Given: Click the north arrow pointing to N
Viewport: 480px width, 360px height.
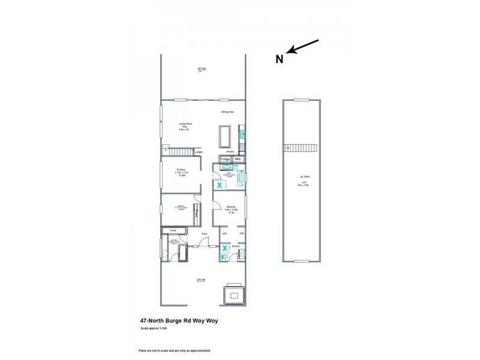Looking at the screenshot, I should coord(303,46).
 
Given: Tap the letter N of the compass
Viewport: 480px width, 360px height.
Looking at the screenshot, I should coord(280,59).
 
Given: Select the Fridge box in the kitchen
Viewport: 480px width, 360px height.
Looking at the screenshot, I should coord(226,159).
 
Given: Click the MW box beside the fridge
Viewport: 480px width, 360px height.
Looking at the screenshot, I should coord(238,159).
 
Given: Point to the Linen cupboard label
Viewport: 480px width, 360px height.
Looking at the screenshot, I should coord(199,152).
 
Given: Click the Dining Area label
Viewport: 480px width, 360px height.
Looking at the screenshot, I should coord(227,112).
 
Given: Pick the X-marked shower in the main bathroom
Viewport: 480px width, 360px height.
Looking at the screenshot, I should coord(220,186).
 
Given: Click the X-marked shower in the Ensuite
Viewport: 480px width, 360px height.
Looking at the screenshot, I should coord(224,247).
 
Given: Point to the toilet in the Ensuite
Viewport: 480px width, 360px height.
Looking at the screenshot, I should coord(223,257).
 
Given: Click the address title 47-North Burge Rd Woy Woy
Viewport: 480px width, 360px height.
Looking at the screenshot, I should coord(179,321).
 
